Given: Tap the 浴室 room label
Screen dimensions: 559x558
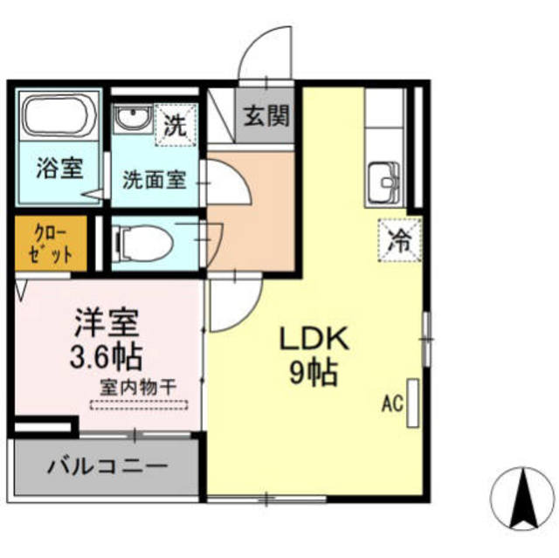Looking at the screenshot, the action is point(60,168).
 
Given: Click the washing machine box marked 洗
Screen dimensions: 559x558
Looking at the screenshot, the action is point(176,125).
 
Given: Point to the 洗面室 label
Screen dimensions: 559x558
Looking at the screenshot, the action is point(155,180).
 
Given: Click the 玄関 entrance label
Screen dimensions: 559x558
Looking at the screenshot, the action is point(266,115).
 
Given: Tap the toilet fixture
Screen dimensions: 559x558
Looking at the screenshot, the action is point(143,244).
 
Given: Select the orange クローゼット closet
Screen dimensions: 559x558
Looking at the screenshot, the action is point(51,244).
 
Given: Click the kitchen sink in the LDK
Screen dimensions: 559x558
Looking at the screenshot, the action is point(384,184).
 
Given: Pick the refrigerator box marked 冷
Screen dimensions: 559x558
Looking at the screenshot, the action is point(400,240).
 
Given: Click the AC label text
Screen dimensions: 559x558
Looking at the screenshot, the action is point(392,404).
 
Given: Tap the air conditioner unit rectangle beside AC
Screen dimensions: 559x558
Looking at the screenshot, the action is point(413,403).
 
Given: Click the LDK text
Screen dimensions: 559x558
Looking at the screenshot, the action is point(314,339).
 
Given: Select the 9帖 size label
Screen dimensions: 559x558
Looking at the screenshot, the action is point(314,373).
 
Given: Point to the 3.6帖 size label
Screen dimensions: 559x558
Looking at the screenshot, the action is point(107,357).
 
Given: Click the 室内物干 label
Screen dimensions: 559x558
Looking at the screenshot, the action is point(138,388).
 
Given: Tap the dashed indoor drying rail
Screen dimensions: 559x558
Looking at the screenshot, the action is point(139,405).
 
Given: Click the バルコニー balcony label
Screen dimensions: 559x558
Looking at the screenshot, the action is point(107,466).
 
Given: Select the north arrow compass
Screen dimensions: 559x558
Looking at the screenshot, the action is point(523,499).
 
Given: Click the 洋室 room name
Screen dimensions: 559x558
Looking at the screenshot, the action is point(107,323).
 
